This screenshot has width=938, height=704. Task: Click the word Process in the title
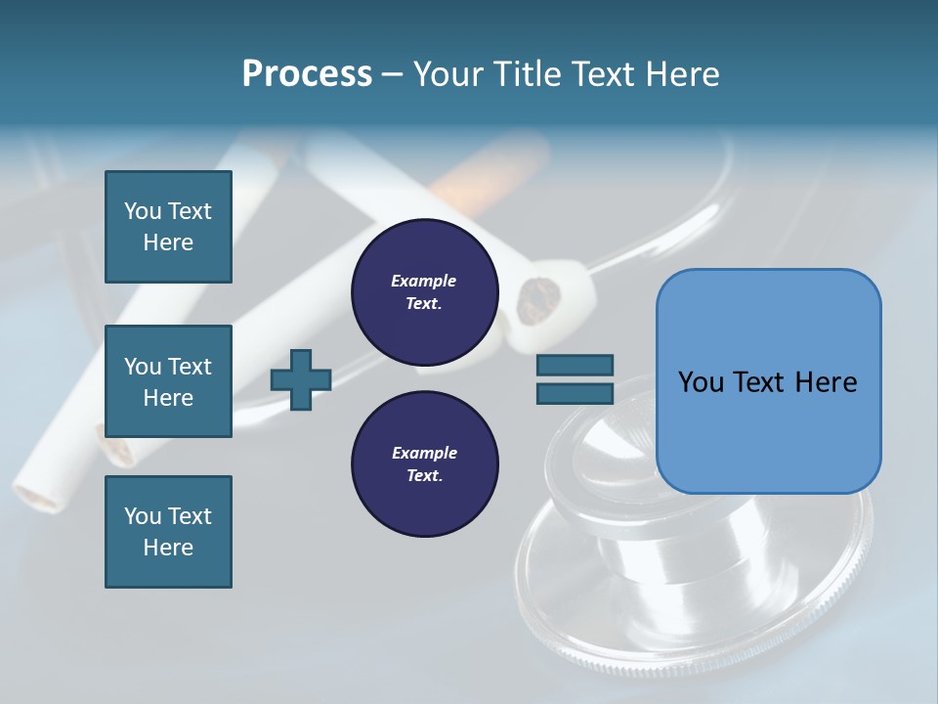coord(307,73)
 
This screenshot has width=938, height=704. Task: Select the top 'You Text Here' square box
coord(168,227)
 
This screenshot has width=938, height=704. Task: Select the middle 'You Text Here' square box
coord(168,381)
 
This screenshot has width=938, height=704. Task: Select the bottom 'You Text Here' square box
coord(168,531)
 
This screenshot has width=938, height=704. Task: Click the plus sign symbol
coord(301,379)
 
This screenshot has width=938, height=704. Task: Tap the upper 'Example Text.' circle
coord(424,292)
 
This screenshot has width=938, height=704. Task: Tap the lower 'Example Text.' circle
coord(424,464)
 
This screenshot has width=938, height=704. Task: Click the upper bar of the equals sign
coord(575,365)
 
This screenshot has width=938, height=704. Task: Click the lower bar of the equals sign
coord(575,393)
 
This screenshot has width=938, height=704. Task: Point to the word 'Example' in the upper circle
coord(423,281)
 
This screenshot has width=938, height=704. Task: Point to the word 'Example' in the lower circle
coord(424,453)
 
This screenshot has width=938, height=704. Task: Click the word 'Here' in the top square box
coord(168,242)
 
